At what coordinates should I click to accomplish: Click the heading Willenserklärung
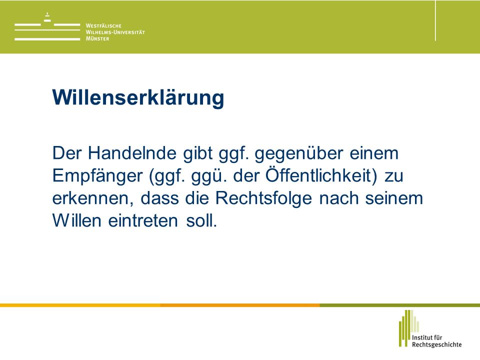pos(138,98)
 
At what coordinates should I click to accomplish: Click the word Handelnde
pos(132,153)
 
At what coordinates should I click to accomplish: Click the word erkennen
pos(93,199)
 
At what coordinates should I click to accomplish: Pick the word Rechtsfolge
pos(263,199)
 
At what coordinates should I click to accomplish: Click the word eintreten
pos(143,220)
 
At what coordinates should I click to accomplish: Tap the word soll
pos(201,220)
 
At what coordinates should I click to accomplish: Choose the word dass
pos(159,198)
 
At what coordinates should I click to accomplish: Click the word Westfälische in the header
pos(103,25)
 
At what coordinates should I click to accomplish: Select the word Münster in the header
pos(97,38)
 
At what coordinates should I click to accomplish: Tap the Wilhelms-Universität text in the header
pos(115,32)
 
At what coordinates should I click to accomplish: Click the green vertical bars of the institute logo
pos(408,328)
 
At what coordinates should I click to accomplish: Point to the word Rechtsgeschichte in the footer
pos(436,344)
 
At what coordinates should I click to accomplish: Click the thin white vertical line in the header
pos(435,20)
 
